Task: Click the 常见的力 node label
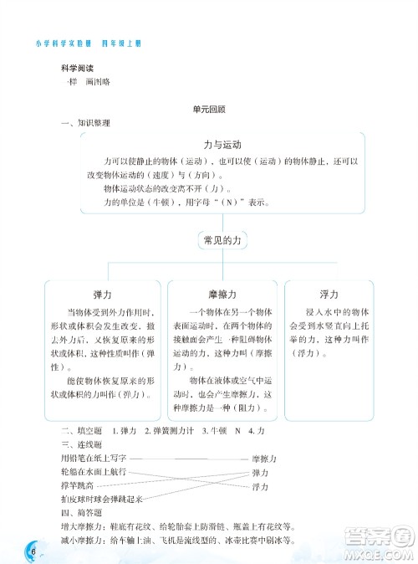click(x=222, y=240)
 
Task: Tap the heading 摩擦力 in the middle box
click(x=222, y=295)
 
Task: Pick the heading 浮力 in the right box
click(x=329, y=295)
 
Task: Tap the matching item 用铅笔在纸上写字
click(x=93, y=459)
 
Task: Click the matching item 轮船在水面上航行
click(x=93, y=472)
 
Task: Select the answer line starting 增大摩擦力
click(x=176, y=526)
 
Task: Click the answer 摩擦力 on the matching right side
click(x=264, y=459)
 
